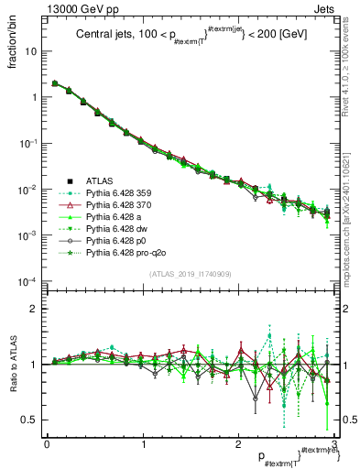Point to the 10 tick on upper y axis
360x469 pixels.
[30, 51]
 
